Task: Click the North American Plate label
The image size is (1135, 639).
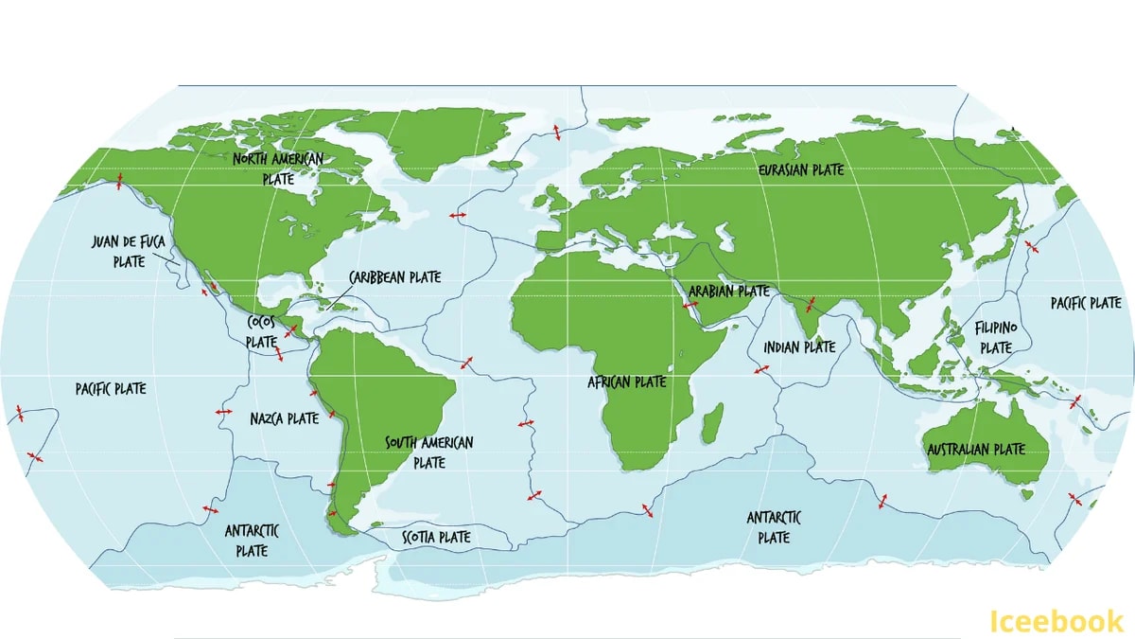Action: tap(278, 168)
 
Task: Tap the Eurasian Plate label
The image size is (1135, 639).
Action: tap(801, 169)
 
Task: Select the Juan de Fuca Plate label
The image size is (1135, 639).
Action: tap(129, 251)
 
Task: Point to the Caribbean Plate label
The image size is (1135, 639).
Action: tap(394, 277)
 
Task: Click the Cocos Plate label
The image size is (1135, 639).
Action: tap(261, 331)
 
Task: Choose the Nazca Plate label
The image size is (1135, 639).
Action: tap(285, 417)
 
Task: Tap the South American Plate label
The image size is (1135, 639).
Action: tap(428, 453)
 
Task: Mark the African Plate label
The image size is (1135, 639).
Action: tap(627, 382)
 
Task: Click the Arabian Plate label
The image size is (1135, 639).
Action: tap(729, 291)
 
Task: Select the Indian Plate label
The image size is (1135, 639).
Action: tap(799, 347)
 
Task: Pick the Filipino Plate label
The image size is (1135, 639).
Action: tap(996, 337)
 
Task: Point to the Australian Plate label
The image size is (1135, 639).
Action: tap(975, 449)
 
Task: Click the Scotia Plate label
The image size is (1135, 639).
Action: tap(436, 537)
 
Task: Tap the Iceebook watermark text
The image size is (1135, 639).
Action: tap(1056, 621)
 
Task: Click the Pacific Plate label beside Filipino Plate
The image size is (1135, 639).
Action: tap(1086, 303)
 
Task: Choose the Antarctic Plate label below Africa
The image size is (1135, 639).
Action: tap(774, 527)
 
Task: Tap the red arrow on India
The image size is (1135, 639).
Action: tap(810, 305)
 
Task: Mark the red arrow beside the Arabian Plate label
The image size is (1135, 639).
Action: tap(690, 305)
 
